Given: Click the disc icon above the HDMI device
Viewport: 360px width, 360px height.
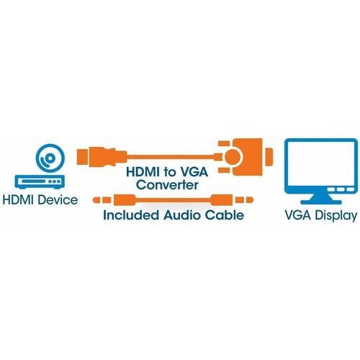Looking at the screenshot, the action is pyautogui.click(x=50, y=158).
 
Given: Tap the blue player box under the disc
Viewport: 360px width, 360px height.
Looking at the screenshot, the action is pyautogui.click(x=40, y=181).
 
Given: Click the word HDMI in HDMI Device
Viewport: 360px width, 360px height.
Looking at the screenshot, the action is pyautogui.click(x=18, y=200).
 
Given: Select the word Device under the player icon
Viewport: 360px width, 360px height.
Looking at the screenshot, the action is pyautogui.click(x=58, y=200).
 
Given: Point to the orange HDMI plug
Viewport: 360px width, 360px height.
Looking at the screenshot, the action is pyautogui.click(x=102, y=157).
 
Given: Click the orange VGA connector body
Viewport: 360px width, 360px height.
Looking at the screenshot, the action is pyautogui.click(x=248, y=157).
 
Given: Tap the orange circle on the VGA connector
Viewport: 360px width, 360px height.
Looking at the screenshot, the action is pyautogui.click(x=233, y=157).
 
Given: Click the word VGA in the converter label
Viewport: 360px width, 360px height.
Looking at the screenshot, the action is pyautogui.click(x=194, y=172).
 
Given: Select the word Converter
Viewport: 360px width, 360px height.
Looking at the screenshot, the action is pyautogui.click(x=167, y=185).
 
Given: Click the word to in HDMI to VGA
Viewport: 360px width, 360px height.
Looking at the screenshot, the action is pyautogui.click(x=170, y=172).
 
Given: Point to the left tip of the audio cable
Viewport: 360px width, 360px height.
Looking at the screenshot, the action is pyautogui.click(x=94, y=200).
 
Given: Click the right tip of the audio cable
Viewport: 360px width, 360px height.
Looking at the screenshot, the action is pyautogui.click(x=252, y=199).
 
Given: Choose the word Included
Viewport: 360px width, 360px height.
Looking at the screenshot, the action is pyautogui.click(x=131, y=215).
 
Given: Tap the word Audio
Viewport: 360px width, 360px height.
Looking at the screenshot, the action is pyautogui.click(x=182, y=215).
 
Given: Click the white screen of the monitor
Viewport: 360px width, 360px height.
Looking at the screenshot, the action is pyautogui.click(x=321, y=165).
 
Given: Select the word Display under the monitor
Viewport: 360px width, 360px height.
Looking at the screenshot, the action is pyautogui.click(x=336, y=215).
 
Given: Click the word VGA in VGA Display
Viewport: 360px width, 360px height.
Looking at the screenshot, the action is pyautogui.click(x=299, y=215).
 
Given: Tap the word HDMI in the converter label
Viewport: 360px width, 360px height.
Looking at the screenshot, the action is pyautogui.click(x=143, y=172).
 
